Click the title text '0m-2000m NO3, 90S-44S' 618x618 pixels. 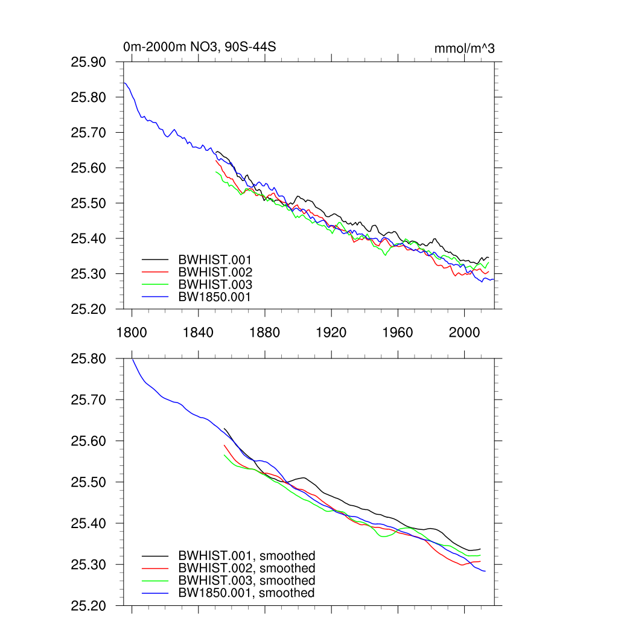(199, 46)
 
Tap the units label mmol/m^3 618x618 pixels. (464, 48)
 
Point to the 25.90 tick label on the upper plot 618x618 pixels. (89, 62)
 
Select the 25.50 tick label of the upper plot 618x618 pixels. (89, 203)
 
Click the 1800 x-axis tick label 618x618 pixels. (132, 332)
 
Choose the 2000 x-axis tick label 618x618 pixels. (464, 332)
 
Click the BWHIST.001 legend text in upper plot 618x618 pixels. (215, 260)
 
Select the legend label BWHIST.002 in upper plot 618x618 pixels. (215, 272)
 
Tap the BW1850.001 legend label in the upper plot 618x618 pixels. (214, 297)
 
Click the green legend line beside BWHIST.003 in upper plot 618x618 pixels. (154, 285)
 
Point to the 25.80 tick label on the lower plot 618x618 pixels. (89, 359)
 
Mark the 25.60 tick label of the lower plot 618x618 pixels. (89, 441)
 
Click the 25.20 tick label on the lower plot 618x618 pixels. (89, 605)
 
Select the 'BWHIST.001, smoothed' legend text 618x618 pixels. (246, 556)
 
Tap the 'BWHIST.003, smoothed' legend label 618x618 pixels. (246, 581)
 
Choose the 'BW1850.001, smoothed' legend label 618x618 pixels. (246, 593)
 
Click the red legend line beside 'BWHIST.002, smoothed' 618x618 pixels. (154, 569)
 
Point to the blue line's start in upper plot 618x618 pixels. (124, 83)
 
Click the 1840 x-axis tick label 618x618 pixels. (198, 332)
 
